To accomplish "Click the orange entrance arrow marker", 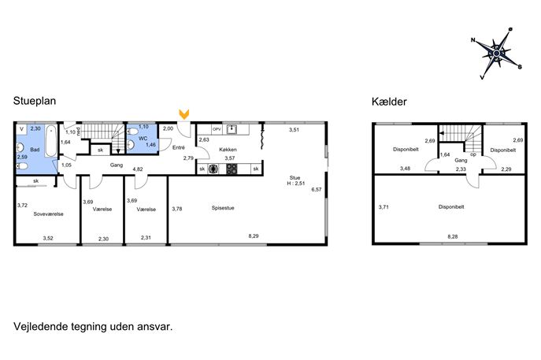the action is point(184,114).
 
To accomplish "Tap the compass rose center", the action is point(496,54).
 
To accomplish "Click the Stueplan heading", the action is point(35,101).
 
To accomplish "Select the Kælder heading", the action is point(389,102).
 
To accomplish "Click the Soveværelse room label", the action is point(48,214).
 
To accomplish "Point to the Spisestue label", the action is point(223,208).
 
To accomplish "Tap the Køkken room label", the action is point(228,150).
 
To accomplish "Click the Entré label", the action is point(179,147).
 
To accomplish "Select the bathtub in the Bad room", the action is point(51,141).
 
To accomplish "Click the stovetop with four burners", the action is point(232,169).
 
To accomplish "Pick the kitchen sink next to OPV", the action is point(232,129).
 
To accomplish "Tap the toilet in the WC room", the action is point(132,132).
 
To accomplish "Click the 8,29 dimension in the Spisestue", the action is point(254,236).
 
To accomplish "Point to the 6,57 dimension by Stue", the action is point(317,189).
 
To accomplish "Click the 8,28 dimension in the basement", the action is point(453,236).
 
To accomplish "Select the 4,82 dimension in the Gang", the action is point(138,169).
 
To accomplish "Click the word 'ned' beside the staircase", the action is point(79,132).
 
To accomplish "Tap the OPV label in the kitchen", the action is point(217,129).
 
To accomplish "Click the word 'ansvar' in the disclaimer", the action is point(157,326).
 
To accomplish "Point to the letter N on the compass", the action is point(473,40).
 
